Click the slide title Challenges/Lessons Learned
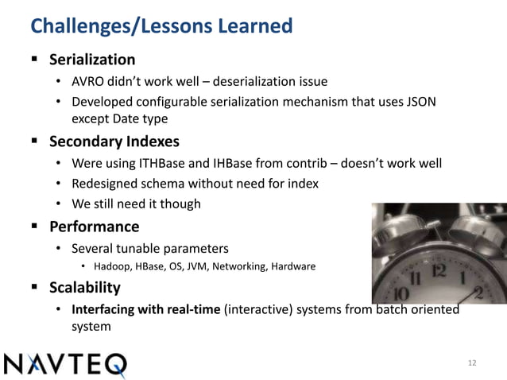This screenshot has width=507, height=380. tap(161, 26)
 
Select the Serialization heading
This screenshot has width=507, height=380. tap(92, 60)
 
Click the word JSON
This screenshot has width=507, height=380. tap(420, 102)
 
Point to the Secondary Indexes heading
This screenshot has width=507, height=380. tap(114, 142)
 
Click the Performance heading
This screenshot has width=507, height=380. tap(94, 226)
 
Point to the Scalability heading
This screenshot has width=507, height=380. tap(85, 288)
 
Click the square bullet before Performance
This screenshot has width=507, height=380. tap(35, 226)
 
